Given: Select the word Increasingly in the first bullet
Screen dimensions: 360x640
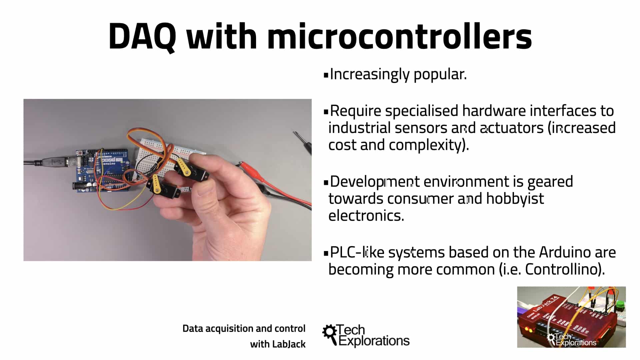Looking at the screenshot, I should (369, 74).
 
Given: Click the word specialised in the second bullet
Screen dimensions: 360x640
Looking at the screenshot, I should (421, 111).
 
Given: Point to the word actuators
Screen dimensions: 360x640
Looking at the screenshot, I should (512, 128).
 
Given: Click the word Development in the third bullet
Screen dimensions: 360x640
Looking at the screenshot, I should (375, 182).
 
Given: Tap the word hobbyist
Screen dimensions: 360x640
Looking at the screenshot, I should (515, 199).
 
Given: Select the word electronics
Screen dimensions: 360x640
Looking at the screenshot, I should (366, 216).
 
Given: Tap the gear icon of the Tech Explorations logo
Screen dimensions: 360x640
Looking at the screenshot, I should (330, 332).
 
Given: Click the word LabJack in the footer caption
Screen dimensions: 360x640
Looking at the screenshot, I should (289, 344).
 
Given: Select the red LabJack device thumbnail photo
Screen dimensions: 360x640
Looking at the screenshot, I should (571, 317).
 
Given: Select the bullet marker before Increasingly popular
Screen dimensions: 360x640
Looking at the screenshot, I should (326, 75).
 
